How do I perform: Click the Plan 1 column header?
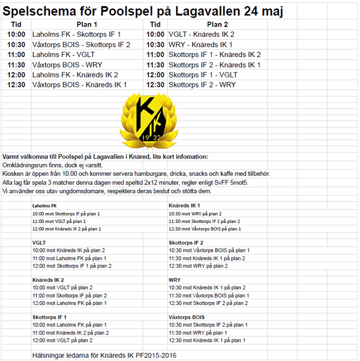tap(87, 25)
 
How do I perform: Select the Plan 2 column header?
tap(217, 25)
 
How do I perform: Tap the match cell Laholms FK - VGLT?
tap(63, 55)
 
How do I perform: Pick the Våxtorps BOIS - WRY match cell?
tap(67, 65)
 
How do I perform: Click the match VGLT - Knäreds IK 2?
tap(202, 35)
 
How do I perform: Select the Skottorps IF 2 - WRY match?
tap(202, 85)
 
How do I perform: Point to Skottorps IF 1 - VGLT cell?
tap(203, 75)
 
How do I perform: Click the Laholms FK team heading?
tap(44, 206)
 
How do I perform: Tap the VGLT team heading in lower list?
tap(39, 243)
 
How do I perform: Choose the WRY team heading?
tap(175, 280)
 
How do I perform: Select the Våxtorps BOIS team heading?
tap(186, 317)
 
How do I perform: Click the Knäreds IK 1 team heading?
tap(184, 206)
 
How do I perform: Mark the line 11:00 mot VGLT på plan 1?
tap(59, 221)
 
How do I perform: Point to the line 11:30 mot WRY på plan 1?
tap(198, 333)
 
